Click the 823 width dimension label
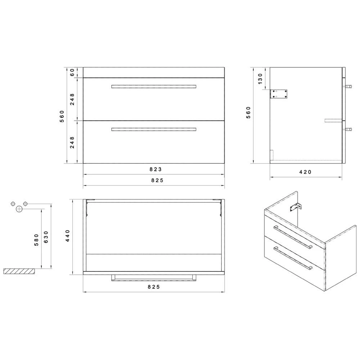(x=154, y=169)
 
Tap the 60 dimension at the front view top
(x=72, y=72)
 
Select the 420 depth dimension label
(x=305, y=172)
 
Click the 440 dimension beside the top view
(x=67, y=236)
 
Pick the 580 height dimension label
(x=36, y=240)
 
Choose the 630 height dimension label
(x=46, y=238)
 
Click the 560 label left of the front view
(x=62, y=116)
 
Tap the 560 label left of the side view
(x=248, y=113)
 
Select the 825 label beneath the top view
(x=154, y=287)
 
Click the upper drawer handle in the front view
(x=154, y=86)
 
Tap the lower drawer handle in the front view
(x=154, y=129)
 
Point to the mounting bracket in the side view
(x=279, y=94)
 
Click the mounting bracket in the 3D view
(x=296, y=207)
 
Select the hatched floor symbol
(x=20, y=271)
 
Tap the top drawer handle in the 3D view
(x=292, y=237)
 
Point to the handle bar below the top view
(x=154, y=278)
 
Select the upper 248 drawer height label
(x=72, y=99)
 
